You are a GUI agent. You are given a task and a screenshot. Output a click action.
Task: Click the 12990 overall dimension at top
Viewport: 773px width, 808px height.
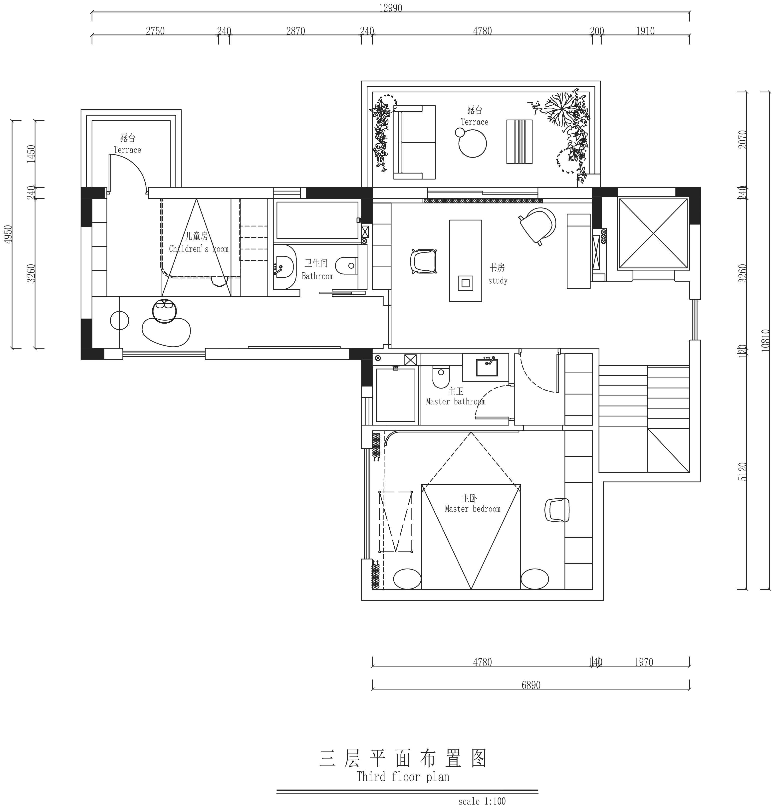tap(390, 8)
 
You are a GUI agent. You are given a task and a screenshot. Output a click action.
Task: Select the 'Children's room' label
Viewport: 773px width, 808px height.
tap(199, 249)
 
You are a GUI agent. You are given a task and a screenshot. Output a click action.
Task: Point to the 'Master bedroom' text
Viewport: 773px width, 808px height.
tap(473, 509)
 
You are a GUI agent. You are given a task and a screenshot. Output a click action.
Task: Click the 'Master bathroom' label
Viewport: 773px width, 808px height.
tap(456, 401)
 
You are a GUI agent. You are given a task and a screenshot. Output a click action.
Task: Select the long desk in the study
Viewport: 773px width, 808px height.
tap(466, 260)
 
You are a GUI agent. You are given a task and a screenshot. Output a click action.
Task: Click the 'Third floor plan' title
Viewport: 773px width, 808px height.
tap(403, 777)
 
